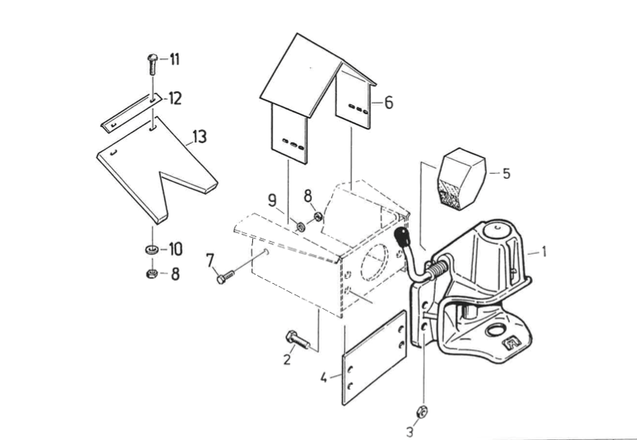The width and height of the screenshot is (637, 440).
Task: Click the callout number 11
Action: click(175, 59)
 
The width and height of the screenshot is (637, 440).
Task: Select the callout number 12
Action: click(175, 99)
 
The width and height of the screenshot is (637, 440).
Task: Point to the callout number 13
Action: click(200, 137)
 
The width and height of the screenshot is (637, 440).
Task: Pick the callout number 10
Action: click(175, 248)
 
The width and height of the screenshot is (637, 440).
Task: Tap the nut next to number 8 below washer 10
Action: click(151, 273)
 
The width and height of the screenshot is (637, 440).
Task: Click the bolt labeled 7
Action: click(226, 277)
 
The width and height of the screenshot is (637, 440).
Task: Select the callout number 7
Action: click(211, 260)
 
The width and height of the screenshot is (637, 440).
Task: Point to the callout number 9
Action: click(272, 199)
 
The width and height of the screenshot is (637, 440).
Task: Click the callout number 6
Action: click(389, 103)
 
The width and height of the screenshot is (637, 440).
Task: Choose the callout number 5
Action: click(506, 173)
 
